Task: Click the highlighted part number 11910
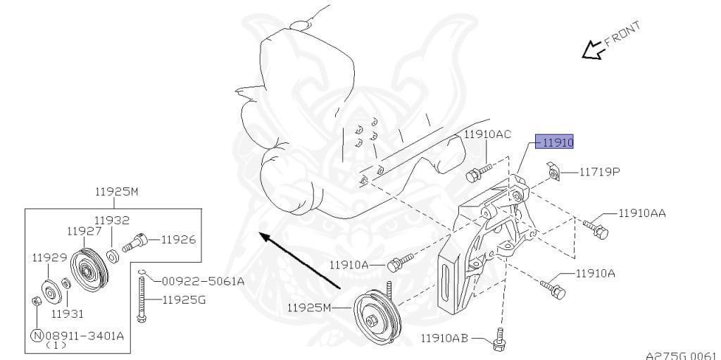click(x=558, y=142)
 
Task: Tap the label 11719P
click(x=600, y=172)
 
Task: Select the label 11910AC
click(x=487, y=135)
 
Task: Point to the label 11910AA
click(x=642, y=213)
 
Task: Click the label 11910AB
click(x=444, y=339)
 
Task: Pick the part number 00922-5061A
click(x=203, y=281)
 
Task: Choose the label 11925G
click(x=184, y=300)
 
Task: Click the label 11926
click(x=178, y=240)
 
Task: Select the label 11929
click(x=49, y=257)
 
